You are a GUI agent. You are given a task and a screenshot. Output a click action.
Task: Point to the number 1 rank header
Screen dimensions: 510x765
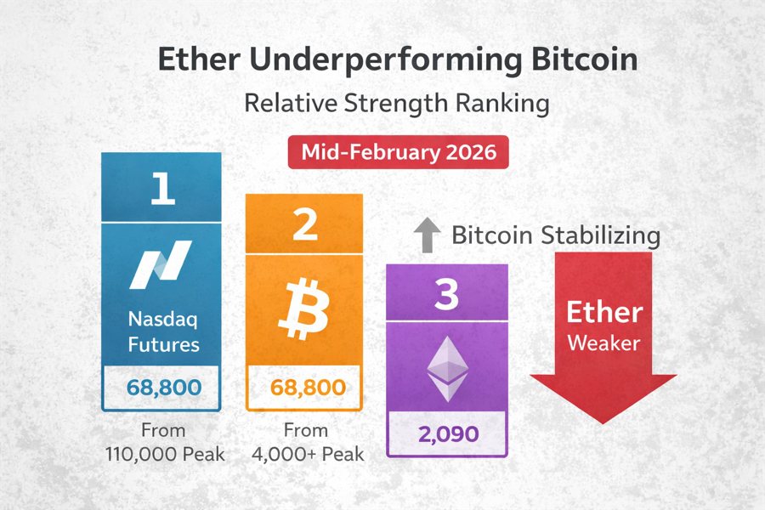tap(161, 189)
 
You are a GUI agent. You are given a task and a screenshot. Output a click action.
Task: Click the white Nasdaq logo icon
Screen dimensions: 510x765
tap(161, 263)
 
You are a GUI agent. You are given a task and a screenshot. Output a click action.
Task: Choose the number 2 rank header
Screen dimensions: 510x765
tap(304, 224)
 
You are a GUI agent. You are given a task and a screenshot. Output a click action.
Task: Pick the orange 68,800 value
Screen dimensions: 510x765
tap(304, 388)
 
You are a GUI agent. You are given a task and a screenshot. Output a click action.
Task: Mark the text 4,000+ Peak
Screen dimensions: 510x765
tap(308, 454)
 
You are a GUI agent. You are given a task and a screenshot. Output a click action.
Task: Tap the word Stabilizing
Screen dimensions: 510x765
tap(604, 235)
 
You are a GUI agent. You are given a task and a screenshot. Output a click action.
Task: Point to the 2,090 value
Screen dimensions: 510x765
tap(447, 434)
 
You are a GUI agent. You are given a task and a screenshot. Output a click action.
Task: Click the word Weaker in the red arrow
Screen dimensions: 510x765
tap(603, 344)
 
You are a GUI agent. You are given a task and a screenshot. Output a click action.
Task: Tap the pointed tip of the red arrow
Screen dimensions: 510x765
tap(603, 421)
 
